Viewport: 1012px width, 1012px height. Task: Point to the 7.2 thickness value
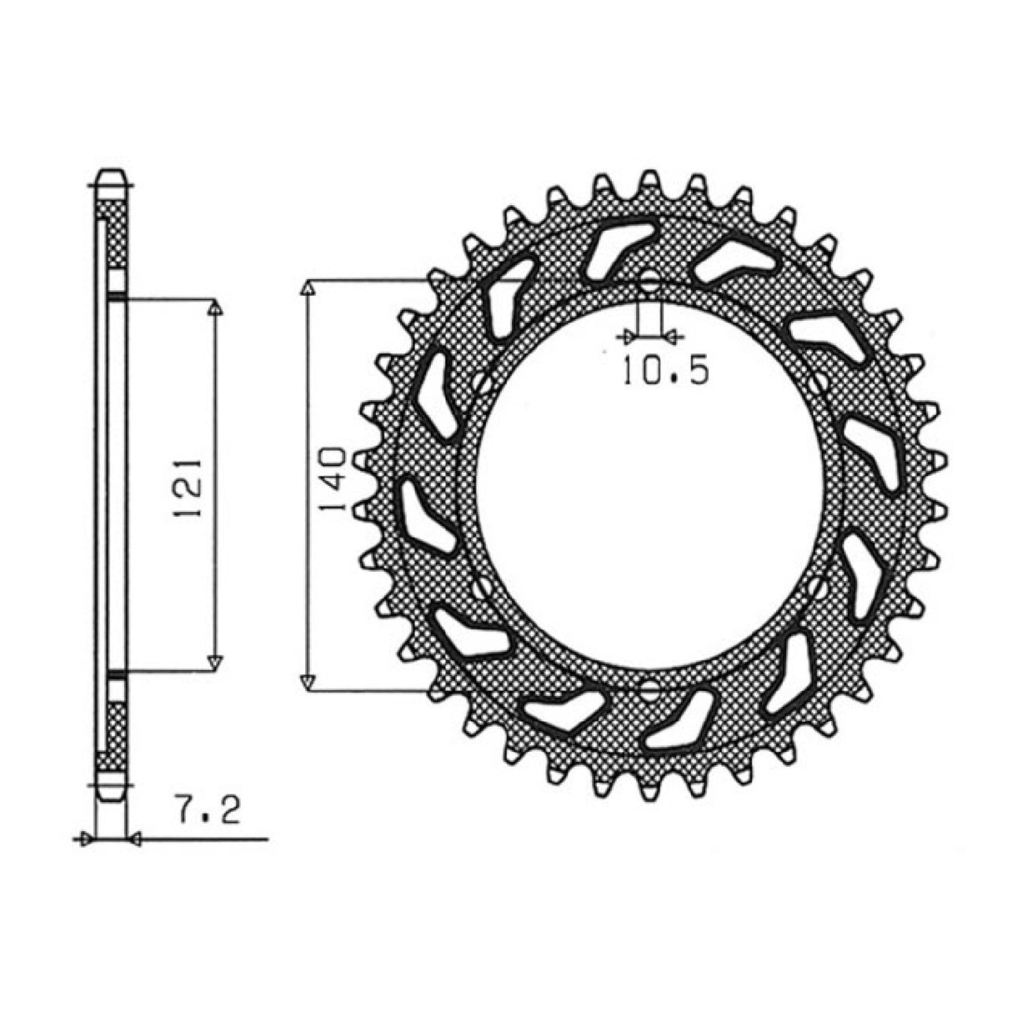click(x=208, y=809)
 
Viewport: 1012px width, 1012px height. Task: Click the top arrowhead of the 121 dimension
click(x=216, y=308)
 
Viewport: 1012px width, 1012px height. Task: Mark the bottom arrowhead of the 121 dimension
click(x=216, y=662)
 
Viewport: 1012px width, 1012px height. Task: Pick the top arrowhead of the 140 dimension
click(x=308, y=288)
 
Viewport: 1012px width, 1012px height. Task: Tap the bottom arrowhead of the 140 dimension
click(x=308, y=682)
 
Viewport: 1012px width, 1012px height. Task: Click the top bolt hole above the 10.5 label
click(x=649, y=279)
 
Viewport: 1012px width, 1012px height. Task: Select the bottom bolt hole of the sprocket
click(x=649, y=690)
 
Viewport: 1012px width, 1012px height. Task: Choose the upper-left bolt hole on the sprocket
click(x=480, y=382)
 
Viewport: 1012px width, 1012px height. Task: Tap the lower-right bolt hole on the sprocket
click(x=820, y=589)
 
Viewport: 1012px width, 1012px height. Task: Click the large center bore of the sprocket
click(x=649, y=485)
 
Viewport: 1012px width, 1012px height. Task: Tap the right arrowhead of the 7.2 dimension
click(x=133, y=840)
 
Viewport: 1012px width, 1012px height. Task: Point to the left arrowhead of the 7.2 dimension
click(x=83, y=840)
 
